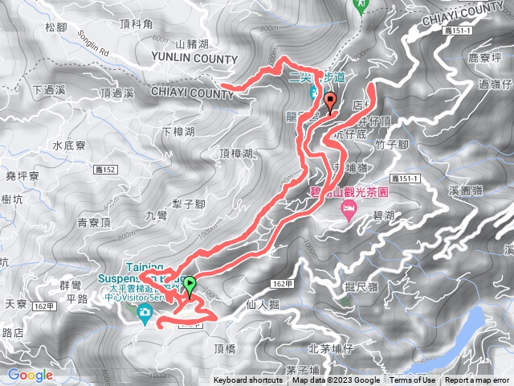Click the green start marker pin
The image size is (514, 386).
point(190,285)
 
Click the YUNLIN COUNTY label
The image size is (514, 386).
point(193,59)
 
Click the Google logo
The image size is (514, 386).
point(30,375)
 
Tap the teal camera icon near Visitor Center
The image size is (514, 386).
point(145,312)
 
